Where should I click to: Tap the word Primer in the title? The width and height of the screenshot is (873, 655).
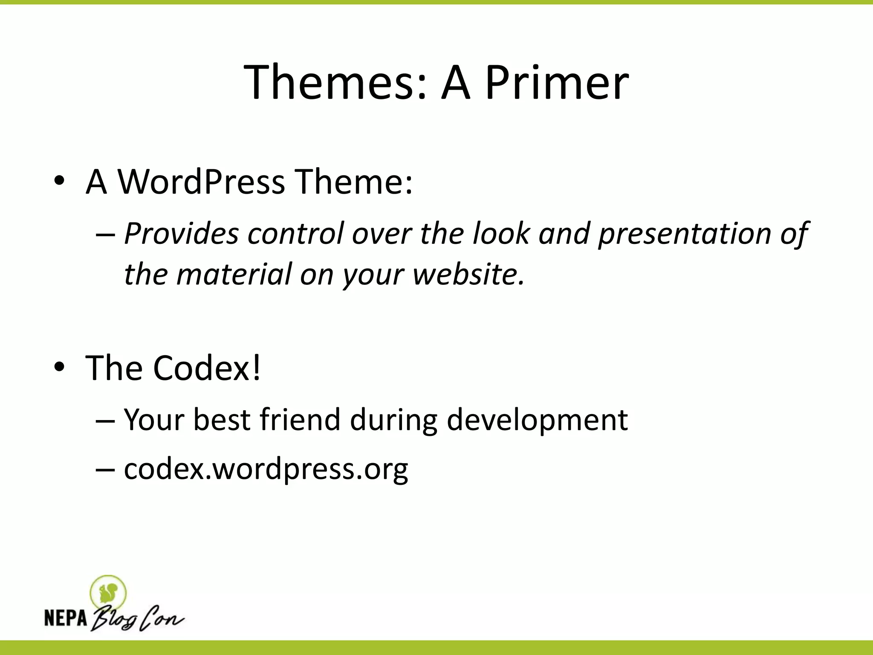point(556,82)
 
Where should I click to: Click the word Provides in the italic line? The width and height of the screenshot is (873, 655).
point(181,234)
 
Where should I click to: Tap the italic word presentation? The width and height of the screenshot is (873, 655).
point(685,234)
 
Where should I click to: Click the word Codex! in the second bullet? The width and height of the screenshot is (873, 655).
point(207,368)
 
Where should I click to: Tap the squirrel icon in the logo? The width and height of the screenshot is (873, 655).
point(108,592)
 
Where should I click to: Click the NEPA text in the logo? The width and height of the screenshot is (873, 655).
point(66,618)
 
